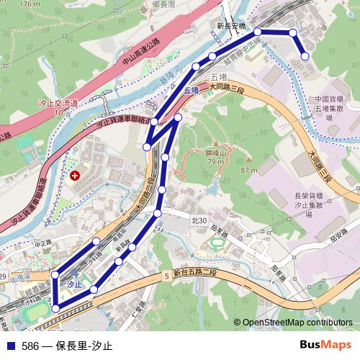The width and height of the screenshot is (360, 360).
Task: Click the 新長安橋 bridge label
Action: coord(231,25)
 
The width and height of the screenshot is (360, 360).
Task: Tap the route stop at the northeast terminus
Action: coord(305,55)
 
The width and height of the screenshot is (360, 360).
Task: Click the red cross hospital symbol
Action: coord(76,175)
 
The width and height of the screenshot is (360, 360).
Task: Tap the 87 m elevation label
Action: coord(249,170)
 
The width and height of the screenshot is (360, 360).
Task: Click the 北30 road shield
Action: coord(199,220)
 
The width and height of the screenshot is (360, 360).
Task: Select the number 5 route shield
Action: coord(166,275)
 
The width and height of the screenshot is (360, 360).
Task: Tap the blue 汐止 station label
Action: coord(72,284)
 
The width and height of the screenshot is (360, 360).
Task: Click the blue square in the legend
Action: coord(11,346)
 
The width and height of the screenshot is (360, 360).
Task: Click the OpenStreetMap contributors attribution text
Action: coord(296,323)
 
